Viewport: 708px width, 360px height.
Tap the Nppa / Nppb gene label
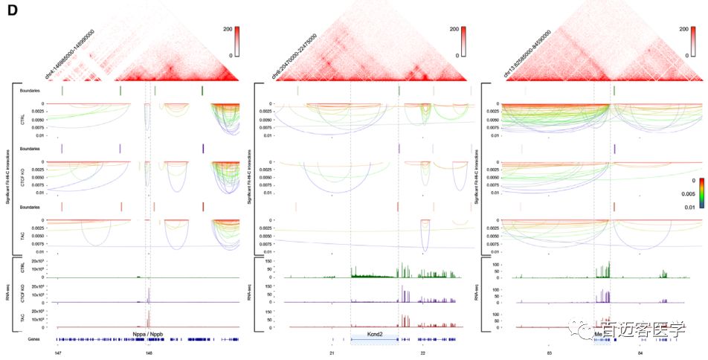click(x=147, y=334)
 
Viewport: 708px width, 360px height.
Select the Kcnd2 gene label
click(x=375, y=335)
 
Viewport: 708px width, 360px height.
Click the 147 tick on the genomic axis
click(x=58, y=353)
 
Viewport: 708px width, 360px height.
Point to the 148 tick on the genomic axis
click(x=149, y=353)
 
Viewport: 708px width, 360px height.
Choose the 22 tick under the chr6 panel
click(x=422, y=353)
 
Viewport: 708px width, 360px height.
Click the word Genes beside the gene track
click(x=33, y=338)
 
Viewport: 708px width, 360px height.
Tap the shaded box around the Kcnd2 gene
click(x=375, y=338)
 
